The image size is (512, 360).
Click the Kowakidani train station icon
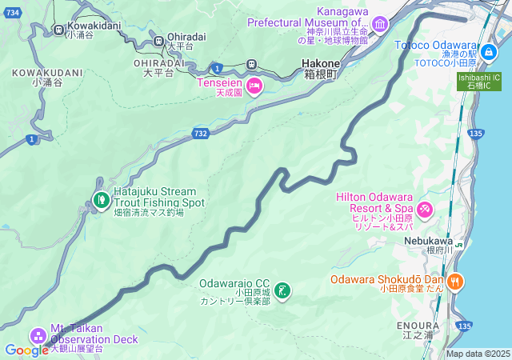tap(58, 29)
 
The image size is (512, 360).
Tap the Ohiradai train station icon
tap(160, 40)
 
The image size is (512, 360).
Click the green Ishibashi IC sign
tap(479, 82)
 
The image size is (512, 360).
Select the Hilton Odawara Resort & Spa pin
tap(425, 210)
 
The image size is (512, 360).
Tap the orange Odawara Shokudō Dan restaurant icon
tap(454, 280)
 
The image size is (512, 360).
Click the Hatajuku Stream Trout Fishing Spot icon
tap(102, 199)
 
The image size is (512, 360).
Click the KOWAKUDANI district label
tap(48, 72)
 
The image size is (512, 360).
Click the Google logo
tap(26, 350)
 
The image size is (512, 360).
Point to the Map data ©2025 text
tap(477, 354)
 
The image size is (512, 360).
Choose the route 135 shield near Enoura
tap(465, 325)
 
